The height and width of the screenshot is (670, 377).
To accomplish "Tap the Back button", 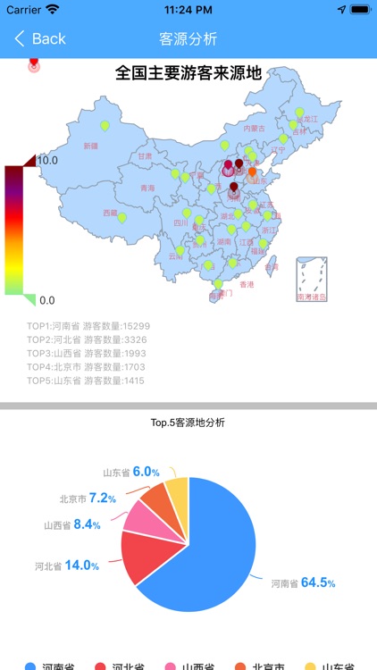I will (x=40, y=38).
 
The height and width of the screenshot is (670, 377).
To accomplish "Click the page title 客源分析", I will (x=188, y=38).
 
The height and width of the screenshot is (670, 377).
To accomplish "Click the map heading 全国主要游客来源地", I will (x=188, y=73).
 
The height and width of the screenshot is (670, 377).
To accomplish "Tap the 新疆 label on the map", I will (x=91, y=146).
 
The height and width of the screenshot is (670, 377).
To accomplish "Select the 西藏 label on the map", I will (x=110, y=213).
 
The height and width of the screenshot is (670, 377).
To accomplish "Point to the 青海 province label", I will (x=148, y=188).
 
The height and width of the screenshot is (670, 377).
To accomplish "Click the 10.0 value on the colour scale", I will (x=47, y=160).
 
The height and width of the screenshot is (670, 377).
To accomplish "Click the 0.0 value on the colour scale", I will (x=47, y=300).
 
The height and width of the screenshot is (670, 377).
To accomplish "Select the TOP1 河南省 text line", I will (x=88, y=326).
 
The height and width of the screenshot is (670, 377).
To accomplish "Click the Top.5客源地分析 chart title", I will (x=188, y=422).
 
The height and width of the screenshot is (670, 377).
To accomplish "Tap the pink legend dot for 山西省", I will (x=171, y=666).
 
